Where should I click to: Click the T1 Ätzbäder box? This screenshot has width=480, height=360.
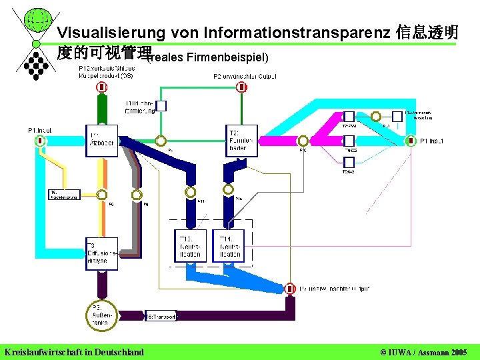point(101,141)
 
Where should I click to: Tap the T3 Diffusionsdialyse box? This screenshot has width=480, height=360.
point(101,253)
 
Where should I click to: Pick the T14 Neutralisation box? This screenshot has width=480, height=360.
point(229,246)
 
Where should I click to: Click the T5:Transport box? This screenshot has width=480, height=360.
point(161,317)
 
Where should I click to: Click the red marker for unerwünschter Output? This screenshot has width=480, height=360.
point(290,289)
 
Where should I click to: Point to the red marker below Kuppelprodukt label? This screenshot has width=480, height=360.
point(102,87)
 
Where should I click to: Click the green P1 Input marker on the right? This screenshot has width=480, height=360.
point(410,141)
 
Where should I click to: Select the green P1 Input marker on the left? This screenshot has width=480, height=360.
point(40,141)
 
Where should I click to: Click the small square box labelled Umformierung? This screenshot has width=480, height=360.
point(161,105)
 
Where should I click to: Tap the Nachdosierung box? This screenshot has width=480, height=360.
point(64,195)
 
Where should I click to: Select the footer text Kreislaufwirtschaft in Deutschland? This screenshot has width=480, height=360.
point(74,351)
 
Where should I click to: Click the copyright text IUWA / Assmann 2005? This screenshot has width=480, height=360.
point(423,351)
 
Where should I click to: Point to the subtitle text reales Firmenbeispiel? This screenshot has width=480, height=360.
point(207,58)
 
